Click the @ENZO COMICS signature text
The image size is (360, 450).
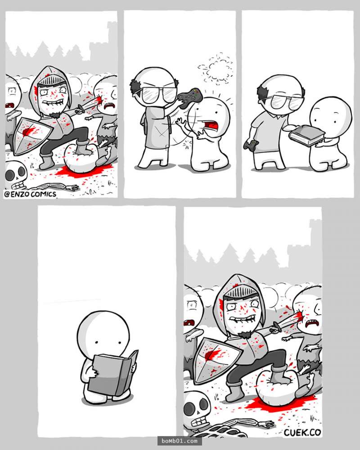[x=30, y=194]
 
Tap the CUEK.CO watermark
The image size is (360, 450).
[x=302, y=432]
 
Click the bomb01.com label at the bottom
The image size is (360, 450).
[x=180, y=441]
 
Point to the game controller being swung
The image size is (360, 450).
[x=189, y=98]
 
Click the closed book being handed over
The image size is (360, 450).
[x=307, y=136]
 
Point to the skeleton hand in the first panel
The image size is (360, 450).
[x=71, y=188]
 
